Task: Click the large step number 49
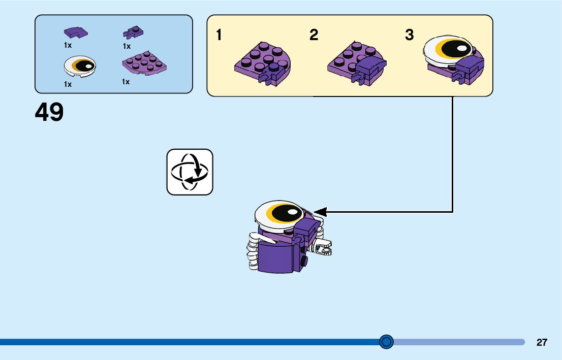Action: coord(49,112)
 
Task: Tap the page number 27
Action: coord(542,342)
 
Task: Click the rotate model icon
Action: coord(190,172)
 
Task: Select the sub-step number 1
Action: coord(219,36)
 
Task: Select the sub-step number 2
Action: coord(314,36)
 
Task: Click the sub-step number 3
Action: coord(409,36)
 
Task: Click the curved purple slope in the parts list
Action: coord(75,32)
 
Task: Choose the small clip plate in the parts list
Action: coord(133,33)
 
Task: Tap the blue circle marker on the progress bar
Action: coord(387,342)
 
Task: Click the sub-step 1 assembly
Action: coord(262,63)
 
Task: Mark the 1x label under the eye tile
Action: coord(68,84)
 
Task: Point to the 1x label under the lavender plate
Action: coord(126,82)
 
